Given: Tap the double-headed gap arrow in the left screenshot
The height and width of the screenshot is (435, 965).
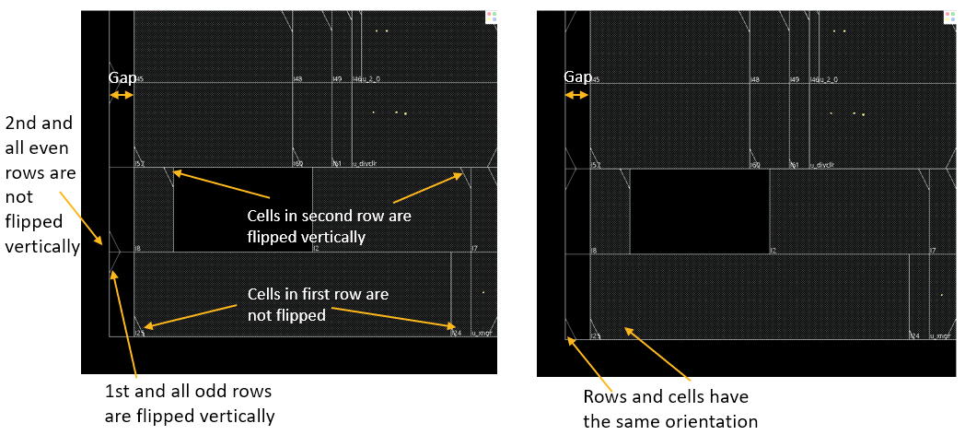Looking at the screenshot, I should tap(121, 95).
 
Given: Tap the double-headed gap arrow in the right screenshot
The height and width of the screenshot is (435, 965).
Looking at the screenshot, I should tap(576, 95).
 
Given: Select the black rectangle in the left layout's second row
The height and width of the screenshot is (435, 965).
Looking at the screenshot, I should tap(242, 209).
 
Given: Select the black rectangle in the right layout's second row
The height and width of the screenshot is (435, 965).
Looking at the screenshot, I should tap(699, 211).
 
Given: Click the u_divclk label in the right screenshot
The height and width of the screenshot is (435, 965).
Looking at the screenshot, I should tap(822, 165).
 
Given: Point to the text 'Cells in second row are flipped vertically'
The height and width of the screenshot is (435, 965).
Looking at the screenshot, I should tap(329, 227).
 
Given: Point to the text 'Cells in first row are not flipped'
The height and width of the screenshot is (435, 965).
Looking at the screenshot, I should tap(318, 304).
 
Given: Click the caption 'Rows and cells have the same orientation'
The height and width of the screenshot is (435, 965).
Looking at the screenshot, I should tap(669, 409).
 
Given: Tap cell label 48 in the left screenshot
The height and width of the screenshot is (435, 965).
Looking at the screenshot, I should tap(297, 79).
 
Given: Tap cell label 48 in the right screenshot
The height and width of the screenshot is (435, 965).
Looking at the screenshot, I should tap(755, 79).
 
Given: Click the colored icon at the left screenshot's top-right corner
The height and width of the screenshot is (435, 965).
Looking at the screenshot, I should tap(491, 17).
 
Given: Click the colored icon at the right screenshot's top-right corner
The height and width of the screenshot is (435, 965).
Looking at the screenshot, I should tap(948, 17).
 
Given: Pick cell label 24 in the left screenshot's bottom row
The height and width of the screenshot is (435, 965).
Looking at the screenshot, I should tap(456, 333).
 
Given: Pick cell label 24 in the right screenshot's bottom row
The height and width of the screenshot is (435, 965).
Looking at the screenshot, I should tap(913, 336).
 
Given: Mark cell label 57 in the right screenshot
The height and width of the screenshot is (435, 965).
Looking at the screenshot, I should tap(596, 165).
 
